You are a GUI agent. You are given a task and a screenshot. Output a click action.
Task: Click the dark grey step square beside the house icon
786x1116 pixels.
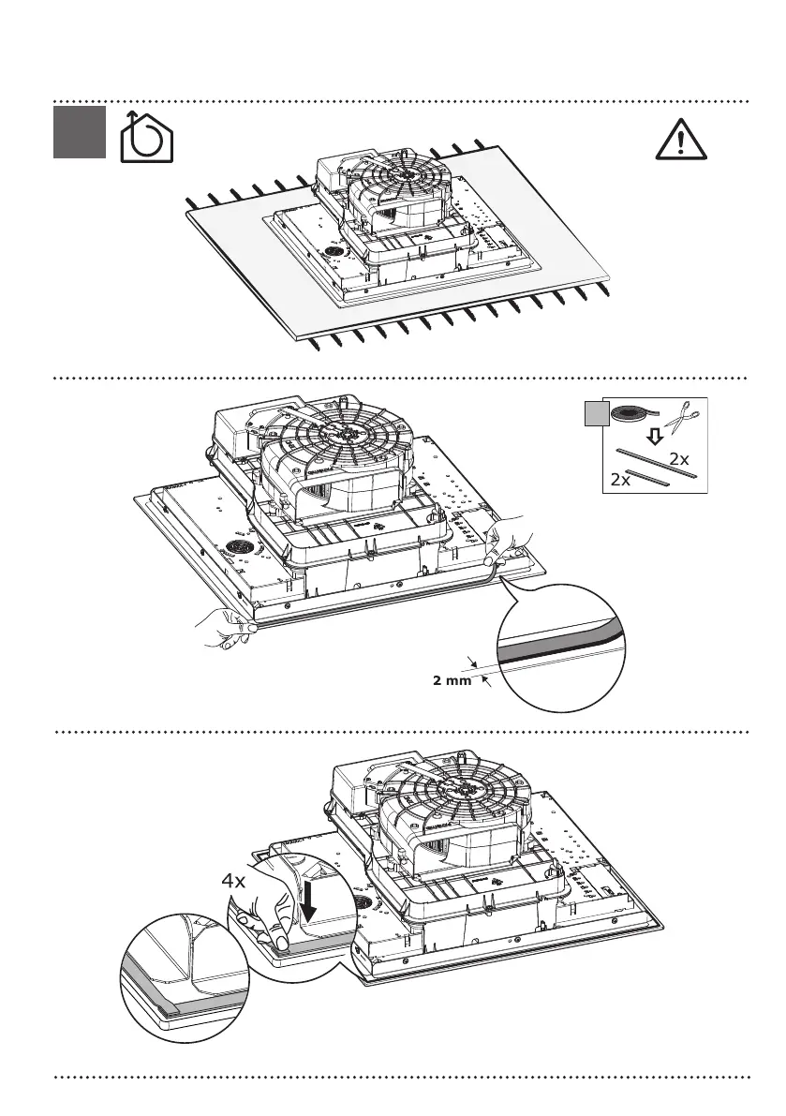78,131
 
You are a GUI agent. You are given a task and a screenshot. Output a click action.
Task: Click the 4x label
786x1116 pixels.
234,882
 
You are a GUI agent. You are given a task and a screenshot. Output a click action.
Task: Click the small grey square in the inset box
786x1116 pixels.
595,413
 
